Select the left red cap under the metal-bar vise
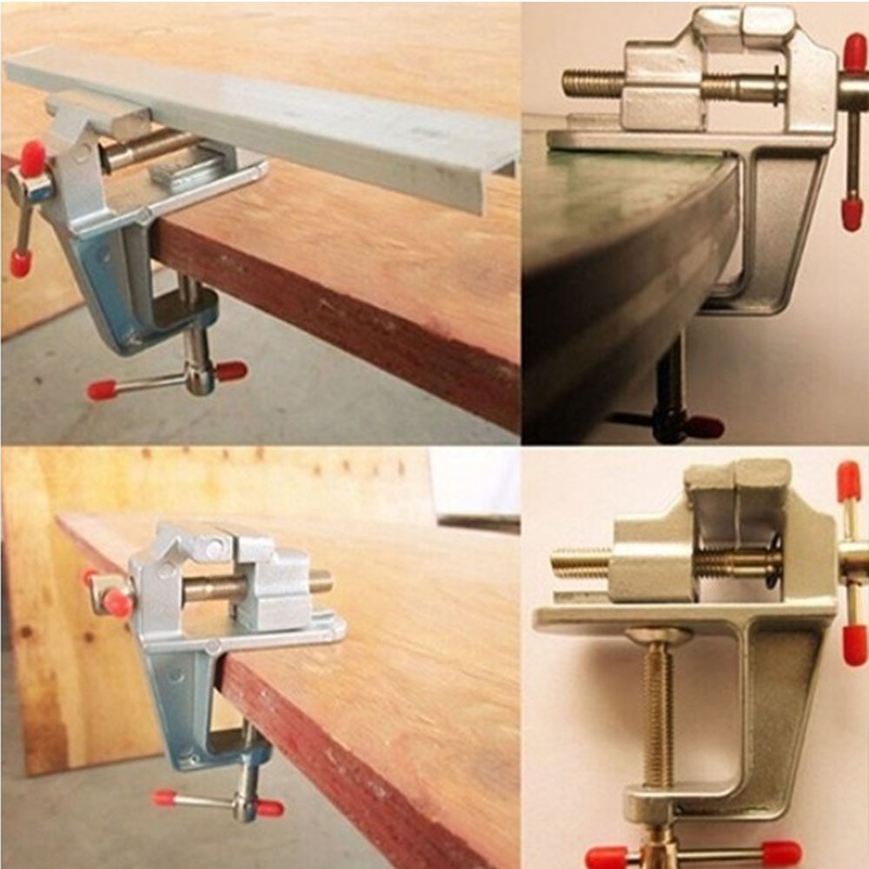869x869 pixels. tap(103, 390)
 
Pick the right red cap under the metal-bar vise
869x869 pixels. tap(231, 371)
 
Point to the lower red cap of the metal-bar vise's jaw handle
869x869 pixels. tap(20, 263)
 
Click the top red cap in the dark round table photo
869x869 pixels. tap(854, 52)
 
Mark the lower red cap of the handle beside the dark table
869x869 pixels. tap(852, 213)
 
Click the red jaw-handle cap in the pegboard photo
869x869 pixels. tap(116, 602)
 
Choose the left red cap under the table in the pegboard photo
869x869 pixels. tap(164, 797)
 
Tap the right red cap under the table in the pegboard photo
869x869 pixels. tap(269, 808)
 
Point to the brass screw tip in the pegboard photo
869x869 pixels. tap(322, 580)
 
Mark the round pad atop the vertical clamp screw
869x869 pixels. tap(659, 636)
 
